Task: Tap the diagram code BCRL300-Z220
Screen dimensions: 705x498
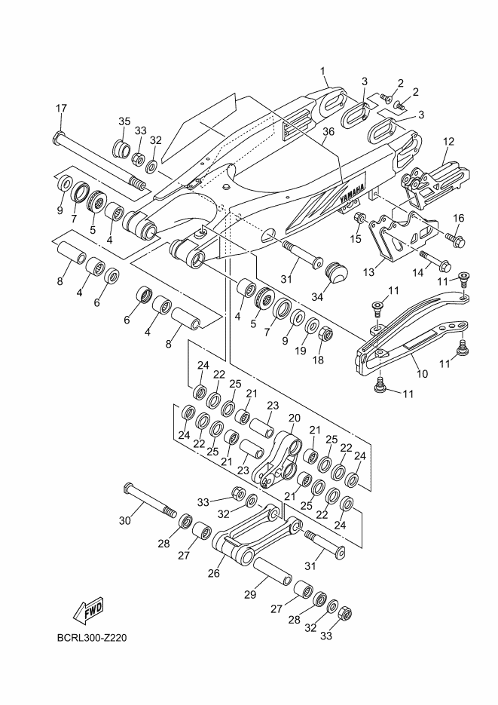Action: (x=91, y=639)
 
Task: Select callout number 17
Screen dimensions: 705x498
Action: (x=61, y=108)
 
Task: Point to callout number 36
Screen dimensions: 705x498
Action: (x=328, y=132)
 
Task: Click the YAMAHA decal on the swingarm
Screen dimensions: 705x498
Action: (x=350, y=195)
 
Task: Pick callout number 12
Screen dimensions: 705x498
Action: (x=448, y=141)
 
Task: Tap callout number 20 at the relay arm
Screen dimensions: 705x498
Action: (x=294, y=418)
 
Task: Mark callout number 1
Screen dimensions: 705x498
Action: (x=324, y=72)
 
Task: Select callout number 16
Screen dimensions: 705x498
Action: (x=458, y=218)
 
